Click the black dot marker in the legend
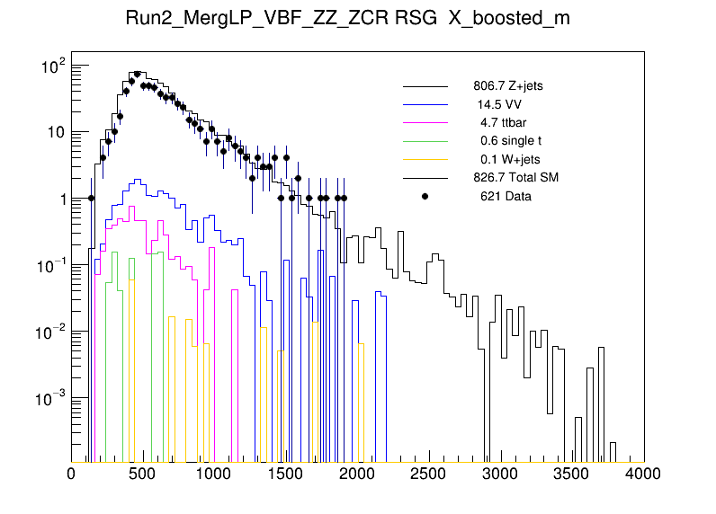425,196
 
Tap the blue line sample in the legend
425,105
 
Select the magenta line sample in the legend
425,123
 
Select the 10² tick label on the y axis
49,66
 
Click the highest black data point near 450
137,75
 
